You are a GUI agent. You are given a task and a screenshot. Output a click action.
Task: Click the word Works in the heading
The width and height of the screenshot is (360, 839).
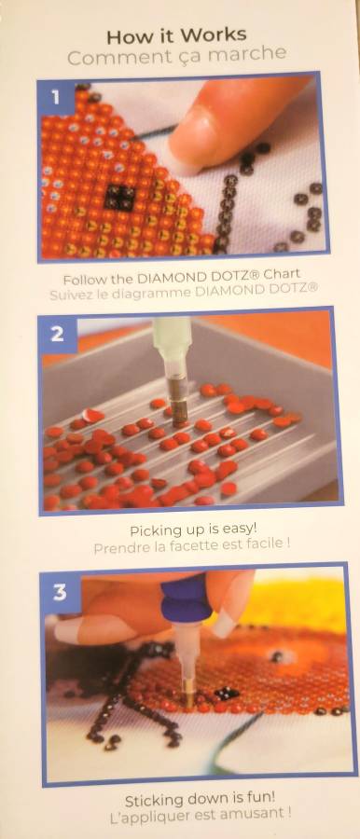[x=214, y=36]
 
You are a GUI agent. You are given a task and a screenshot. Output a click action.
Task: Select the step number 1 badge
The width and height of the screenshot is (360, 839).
[x=55, y=97]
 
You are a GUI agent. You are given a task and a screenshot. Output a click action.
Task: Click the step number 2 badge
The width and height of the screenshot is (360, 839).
[x=58, y=334]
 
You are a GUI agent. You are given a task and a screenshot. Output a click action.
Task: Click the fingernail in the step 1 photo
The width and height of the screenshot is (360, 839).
[x=187, y=140]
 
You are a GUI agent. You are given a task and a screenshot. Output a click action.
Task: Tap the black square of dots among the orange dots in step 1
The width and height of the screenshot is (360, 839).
[x=119, y=198]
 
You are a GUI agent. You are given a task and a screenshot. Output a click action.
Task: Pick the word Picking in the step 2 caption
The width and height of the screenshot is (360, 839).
[x=150, y=530]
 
